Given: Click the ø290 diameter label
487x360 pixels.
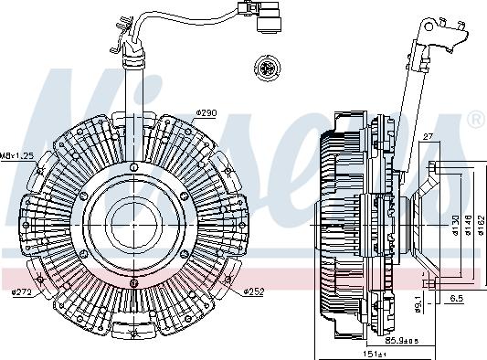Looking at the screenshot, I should pyautogui.click(x=206, y=113).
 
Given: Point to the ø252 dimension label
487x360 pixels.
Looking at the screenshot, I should pyautogui.click(x=254, y=291).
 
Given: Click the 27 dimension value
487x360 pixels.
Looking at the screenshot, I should pyautogui.click(x=427, y=139).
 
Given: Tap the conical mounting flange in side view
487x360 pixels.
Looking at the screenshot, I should pyautogui.click(x=421, y=223).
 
